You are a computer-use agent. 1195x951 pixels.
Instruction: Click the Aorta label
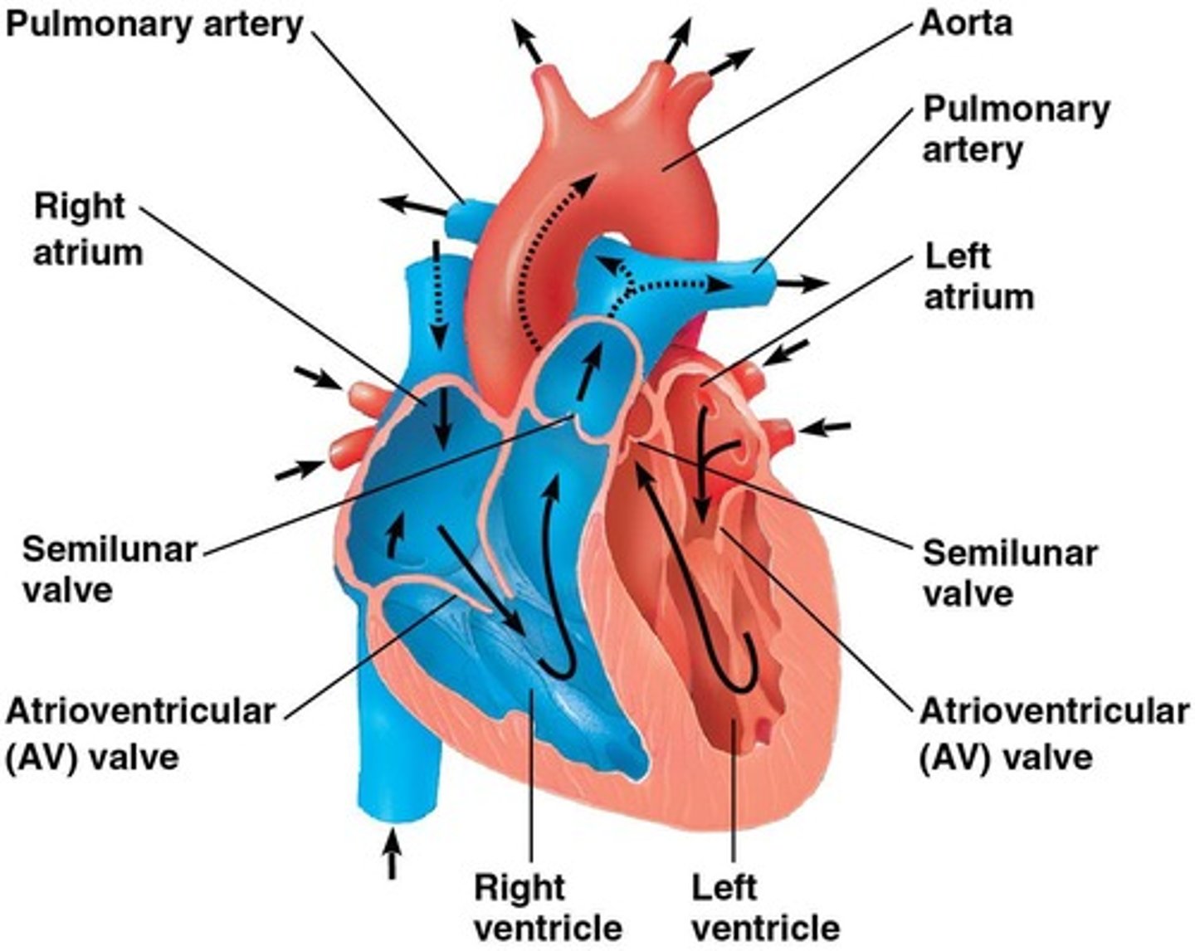coord(966,22)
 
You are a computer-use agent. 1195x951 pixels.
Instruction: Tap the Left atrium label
coord(978,276)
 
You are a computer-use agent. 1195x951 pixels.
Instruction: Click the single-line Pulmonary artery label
coord(154,24)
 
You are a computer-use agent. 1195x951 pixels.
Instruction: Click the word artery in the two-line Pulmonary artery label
coord(972,151)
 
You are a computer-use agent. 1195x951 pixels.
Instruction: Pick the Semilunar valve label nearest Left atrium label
coord(1009,573)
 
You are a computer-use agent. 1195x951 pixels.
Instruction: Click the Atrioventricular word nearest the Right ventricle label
coord(139,712)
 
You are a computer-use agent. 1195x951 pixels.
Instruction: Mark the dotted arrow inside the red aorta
coord(539,249)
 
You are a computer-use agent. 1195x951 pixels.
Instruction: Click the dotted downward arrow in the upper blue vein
coord(437,290)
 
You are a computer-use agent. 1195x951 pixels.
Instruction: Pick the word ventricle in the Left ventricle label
coord(765,927)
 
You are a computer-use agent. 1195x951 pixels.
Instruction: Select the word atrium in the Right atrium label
coord(87,251)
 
